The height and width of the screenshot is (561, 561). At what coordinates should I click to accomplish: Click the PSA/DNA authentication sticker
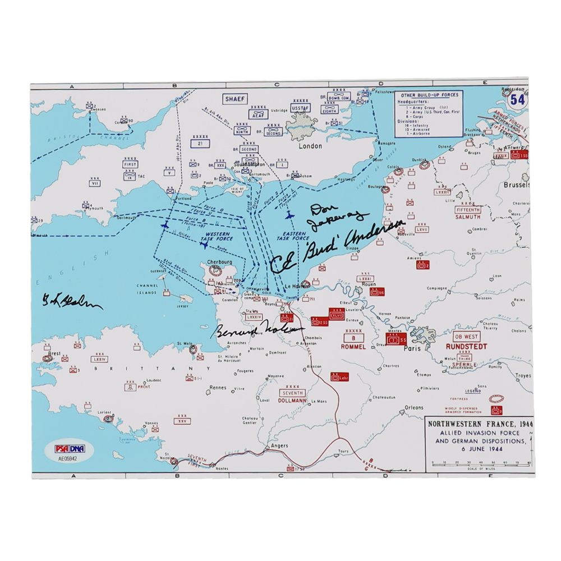64,452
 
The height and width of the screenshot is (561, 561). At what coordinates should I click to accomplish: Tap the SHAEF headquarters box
236,99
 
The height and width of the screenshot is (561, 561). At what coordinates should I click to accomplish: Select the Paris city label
413,348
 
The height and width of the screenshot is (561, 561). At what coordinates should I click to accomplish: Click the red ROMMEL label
353,347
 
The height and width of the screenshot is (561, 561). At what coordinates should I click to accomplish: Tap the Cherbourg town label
219,261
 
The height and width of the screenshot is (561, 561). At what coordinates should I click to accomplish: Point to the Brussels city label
516,185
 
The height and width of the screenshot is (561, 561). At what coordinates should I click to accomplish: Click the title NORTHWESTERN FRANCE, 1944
480,424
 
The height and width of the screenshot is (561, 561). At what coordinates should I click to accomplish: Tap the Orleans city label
414,407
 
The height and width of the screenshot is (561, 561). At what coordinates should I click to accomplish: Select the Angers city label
279,446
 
